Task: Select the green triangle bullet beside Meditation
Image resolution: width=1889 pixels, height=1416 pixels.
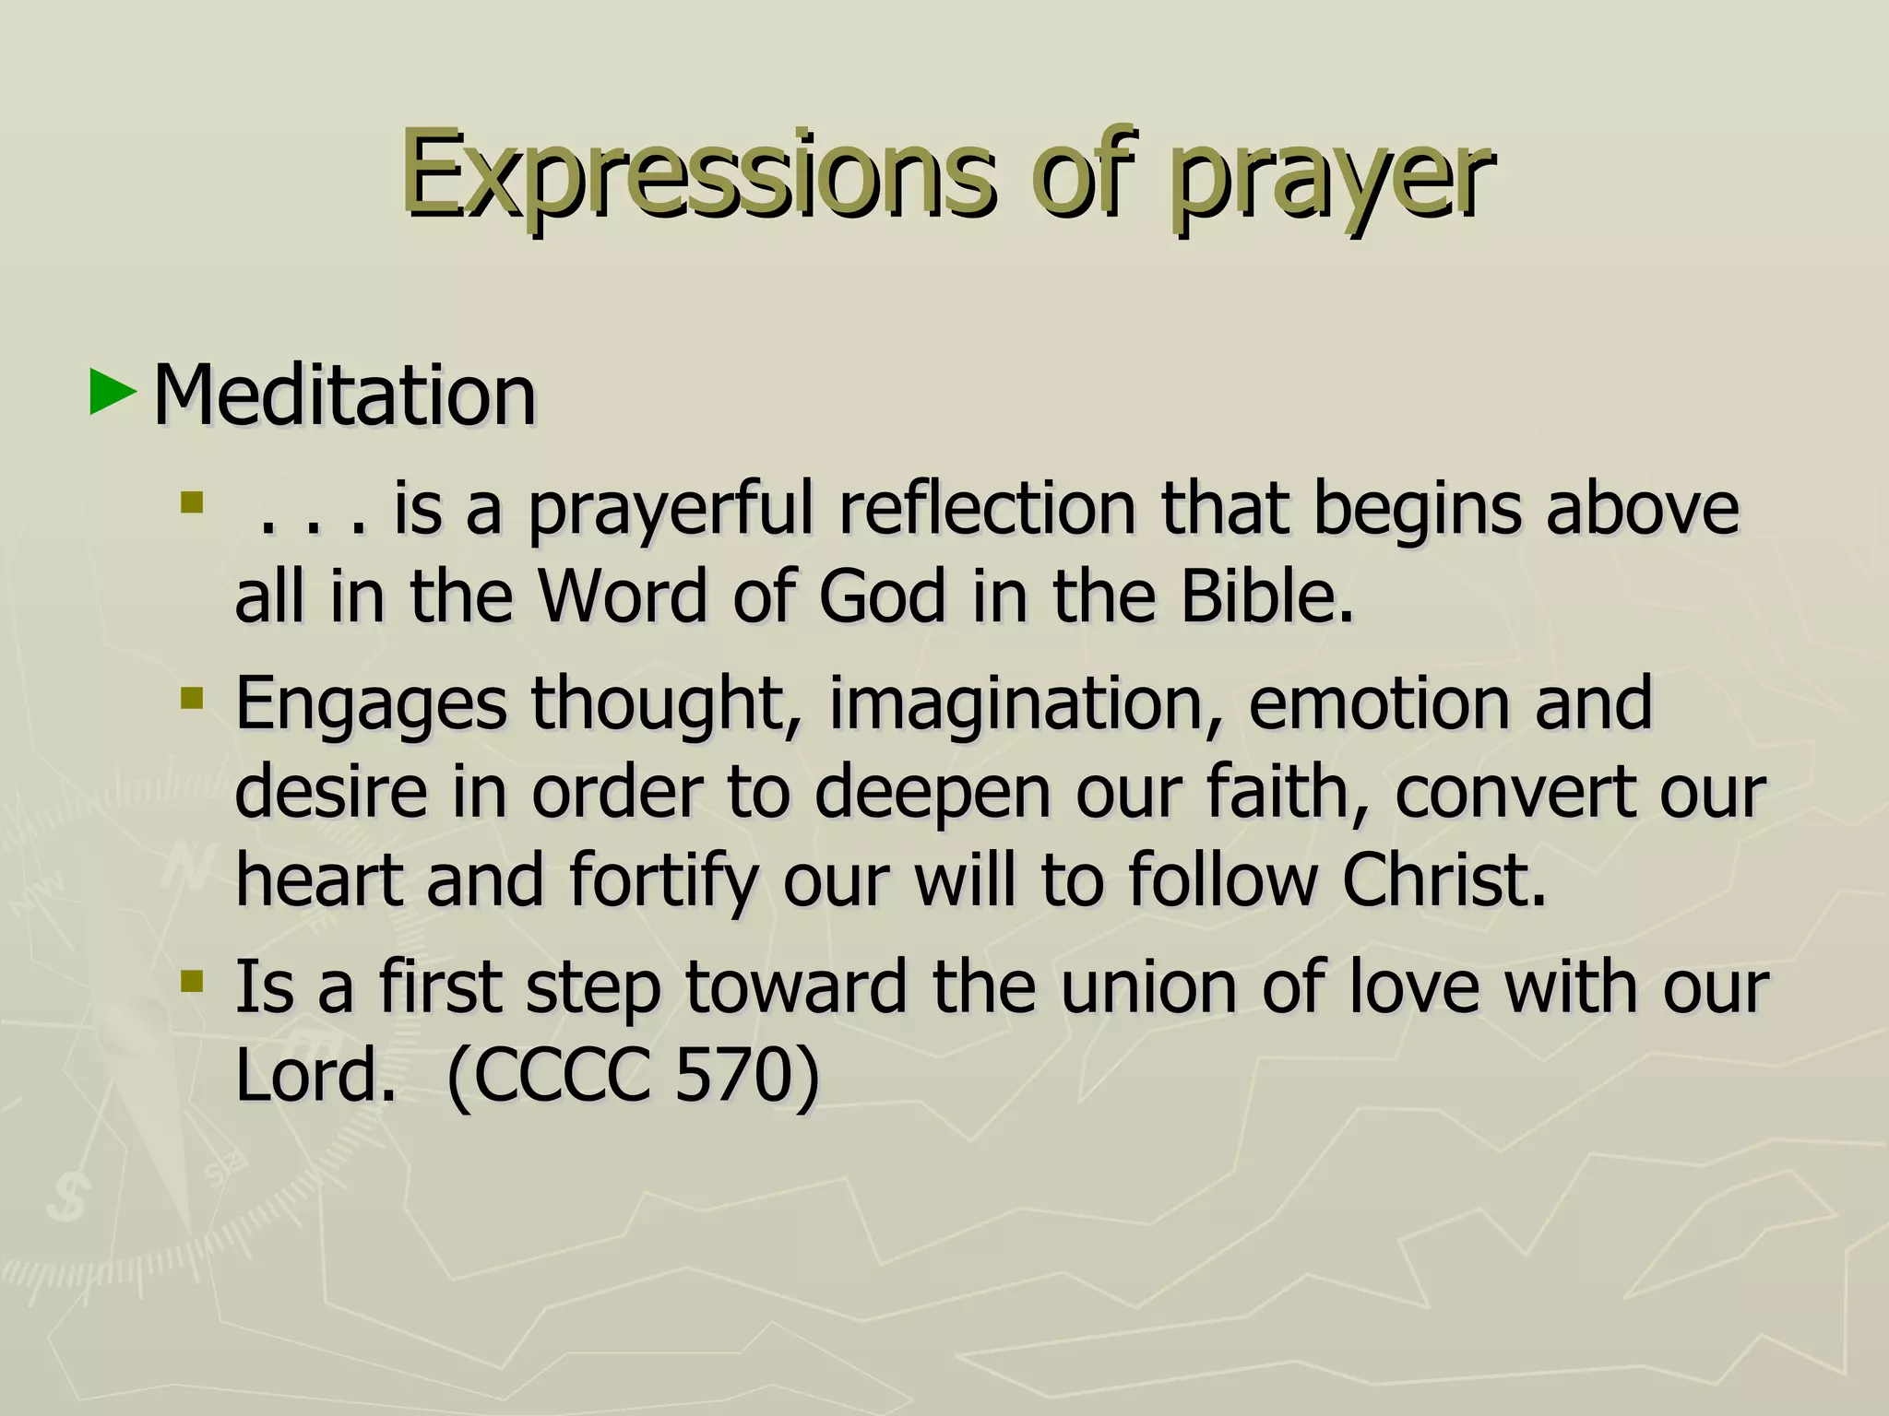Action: [113, 393]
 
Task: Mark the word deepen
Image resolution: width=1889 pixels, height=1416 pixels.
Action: [933, 794]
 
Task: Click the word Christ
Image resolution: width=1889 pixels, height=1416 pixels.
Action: [1442, 879]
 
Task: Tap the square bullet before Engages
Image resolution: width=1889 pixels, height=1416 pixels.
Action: [192, 697]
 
